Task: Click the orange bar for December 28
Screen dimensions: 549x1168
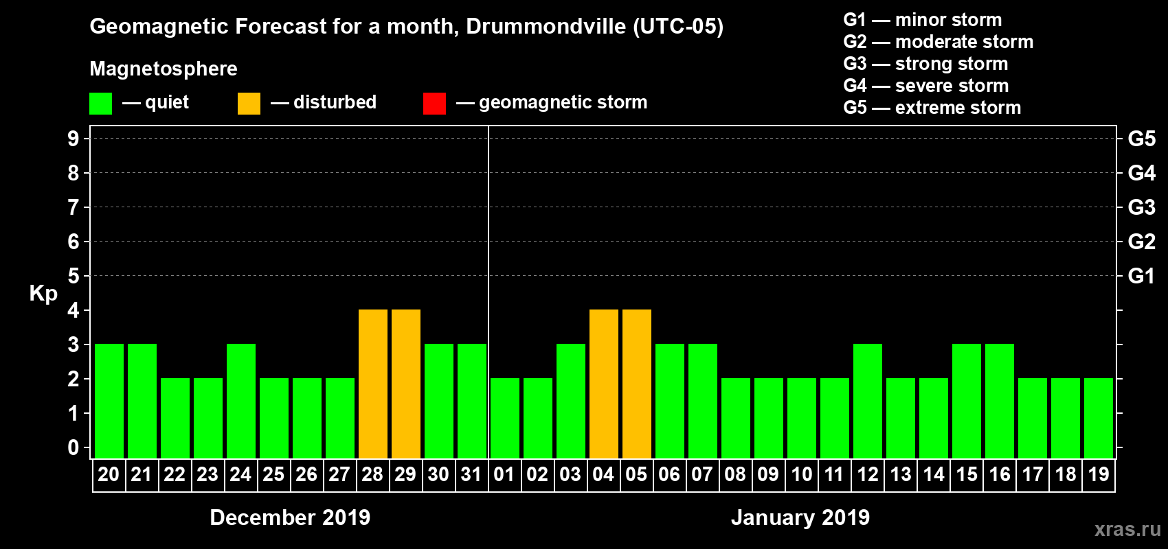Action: coord(372,384)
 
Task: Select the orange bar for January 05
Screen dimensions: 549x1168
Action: coord(636,384)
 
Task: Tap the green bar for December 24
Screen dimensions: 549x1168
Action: coord(240,401)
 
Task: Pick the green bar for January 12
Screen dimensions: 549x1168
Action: coord(867,401)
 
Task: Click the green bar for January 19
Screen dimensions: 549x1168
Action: coord(1098,419)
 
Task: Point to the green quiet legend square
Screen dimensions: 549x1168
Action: coord(100,104)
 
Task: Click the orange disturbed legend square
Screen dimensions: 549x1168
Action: coord(249,104)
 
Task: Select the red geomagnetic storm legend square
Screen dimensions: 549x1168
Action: coord(434,104)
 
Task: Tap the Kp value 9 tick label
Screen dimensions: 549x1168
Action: coord(73,139)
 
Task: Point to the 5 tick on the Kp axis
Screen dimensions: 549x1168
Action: coord(73,276)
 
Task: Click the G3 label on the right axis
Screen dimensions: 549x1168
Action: coord(1141,207)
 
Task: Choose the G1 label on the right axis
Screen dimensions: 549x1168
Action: coord(1141,276)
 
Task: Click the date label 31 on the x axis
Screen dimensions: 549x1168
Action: coord(471,475)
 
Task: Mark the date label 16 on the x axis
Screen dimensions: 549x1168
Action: coord(999,475)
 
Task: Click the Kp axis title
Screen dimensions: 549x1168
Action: coord(43,294)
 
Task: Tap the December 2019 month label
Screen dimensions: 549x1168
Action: coord(290,517)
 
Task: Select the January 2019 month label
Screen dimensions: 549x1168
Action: coord(800,517)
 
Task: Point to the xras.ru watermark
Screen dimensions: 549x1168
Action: coord(1127,529)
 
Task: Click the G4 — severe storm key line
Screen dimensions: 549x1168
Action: coord(925,86)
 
